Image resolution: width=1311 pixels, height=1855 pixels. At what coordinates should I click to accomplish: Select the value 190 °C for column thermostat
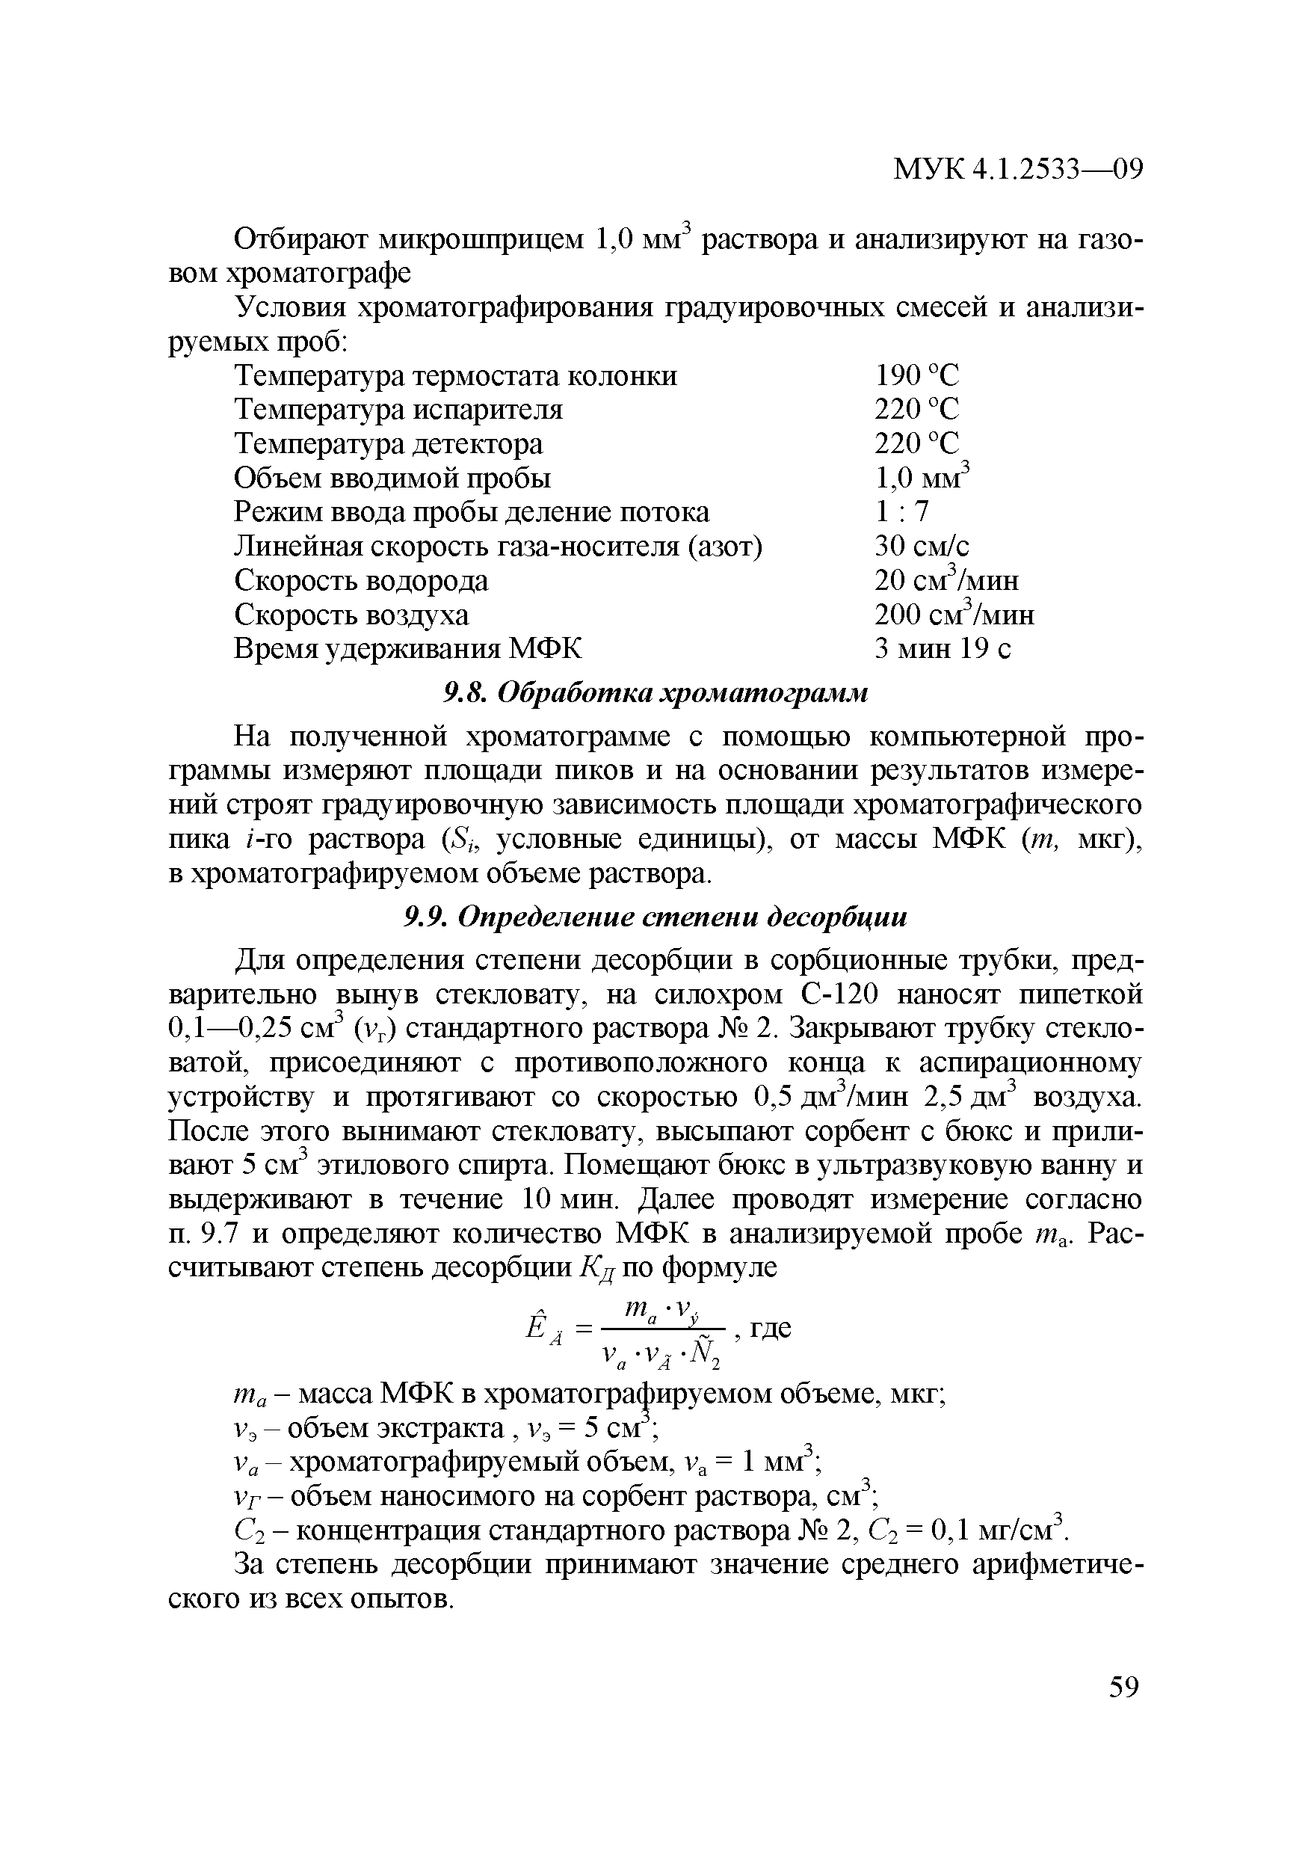[917, 375]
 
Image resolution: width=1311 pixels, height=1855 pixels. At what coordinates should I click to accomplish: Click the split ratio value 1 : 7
[902, 511]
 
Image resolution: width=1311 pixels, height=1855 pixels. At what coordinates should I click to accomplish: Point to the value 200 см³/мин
[954, 615]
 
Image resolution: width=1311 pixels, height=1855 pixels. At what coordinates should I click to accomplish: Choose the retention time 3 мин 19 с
[943, 649]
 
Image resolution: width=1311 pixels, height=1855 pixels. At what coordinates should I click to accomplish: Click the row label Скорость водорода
[361, 581]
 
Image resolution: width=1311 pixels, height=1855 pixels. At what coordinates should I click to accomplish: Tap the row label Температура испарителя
[398, 410]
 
